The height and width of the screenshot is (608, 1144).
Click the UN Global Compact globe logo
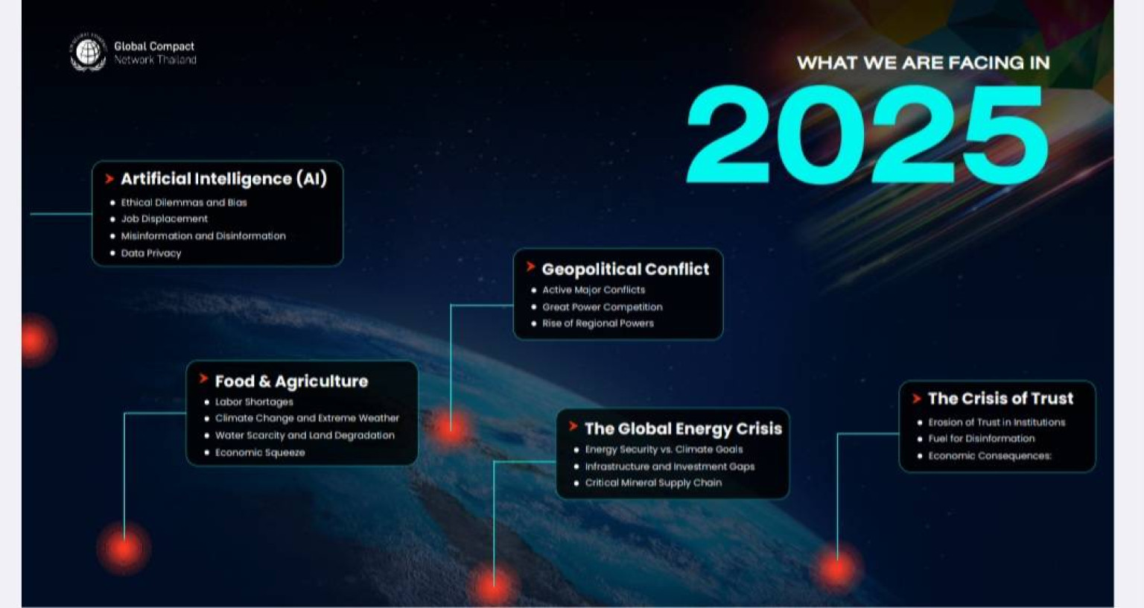point(88,52)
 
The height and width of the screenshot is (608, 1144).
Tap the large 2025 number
point(867,134)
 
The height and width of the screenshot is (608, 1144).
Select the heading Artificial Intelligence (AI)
point(223,179)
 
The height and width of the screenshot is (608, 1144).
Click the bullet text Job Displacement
point(164,218)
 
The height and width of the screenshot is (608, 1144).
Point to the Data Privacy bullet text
point(150,253)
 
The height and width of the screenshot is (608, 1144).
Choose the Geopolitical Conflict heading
point(625,269)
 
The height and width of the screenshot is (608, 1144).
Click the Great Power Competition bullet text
point(602,307)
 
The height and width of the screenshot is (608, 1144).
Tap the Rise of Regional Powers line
point(597,323)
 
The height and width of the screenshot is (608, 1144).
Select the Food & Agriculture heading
point(291,381)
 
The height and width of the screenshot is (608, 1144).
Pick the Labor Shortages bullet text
point(254,402)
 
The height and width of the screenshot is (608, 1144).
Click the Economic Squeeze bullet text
point(259,453)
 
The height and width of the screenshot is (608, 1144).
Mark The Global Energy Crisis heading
point(683,428)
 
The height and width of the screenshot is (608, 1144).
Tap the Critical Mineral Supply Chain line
point(653,483)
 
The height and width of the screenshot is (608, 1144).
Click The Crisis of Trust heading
point(1000,399)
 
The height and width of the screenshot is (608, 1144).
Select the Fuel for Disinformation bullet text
point(981,439)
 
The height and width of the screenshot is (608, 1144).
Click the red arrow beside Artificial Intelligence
point(109,179)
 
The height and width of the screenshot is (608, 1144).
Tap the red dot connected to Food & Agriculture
point(124,548)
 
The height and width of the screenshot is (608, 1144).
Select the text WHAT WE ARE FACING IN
point(924,63)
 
